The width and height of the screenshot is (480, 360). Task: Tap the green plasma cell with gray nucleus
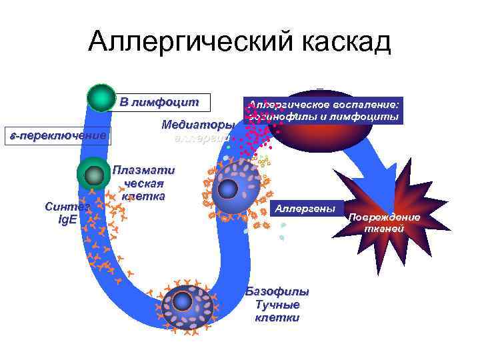click(94, 175)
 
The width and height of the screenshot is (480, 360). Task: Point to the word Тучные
click(277, 305)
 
